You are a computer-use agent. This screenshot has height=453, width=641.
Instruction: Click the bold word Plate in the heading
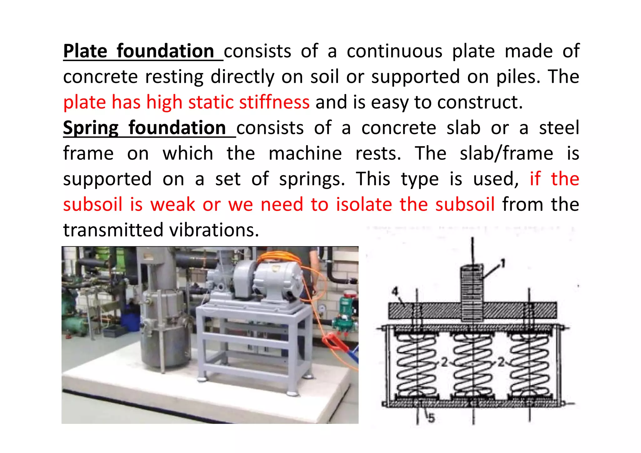coord(85,51)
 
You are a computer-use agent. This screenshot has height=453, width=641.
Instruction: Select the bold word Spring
coord(91,128)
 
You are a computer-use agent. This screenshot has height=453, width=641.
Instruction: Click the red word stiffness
coord(274,102)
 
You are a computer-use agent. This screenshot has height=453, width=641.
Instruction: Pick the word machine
coord(305,154)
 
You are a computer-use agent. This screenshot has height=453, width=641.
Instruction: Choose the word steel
coord(559,128)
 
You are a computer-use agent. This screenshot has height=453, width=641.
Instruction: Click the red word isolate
coord(364,205)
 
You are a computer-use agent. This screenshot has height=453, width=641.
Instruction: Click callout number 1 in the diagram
coord(503,263)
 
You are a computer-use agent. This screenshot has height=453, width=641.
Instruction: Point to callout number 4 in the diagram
coord(395,292)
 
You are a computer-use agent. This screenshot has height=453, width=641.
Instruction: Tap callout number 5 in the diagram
coord(432,418)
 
